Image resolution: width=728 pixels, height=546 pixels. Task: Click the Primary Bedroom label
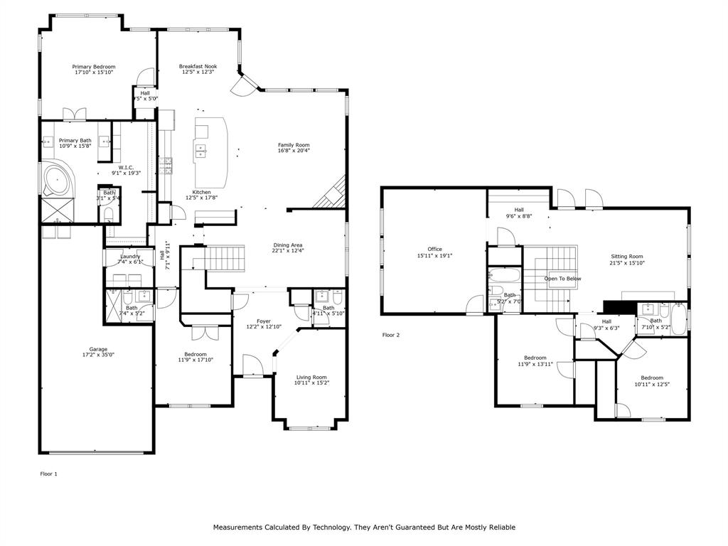point(93,67)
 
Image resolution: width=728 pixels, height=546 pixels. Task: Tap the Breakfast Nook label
point(198,66)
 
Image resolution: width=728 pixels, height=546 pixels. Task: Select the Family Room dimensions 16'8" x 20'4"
point(294,151)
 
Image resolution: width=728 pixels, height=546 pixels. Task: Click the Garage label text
point(98,349)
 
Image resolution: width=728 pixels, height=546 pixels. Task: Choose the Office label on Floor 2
point(434,249)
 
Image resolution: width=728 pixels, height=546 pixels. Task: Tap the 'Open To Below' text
point(563,279)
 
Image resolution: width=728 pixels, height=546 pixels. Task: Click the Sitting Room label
point(626,256)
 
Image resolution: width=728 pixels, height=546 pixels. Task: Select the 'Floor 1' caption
point(48,473)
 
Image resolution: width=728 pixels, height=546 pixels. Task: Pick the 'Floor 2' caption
point(391,334)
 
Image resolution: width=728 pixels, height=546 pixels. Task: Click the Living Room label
point(311,377)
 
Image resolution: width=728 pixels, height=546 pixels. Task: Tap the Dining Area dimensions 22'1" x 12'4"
point(288,250)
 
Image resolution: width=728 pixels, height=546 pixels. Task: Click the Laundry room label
point(130,256)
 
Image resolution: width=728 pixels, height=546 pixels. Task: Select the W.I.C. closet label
point(126,167)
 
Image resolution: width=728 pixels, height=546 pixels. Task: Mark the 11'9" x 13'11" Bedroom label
point(535,358)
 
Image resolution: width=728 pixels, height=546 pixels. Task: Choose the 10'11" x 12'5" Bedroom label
point(651,378)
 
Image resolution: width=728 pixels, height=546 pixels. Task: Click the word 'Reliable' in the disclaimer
point(498,527)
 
